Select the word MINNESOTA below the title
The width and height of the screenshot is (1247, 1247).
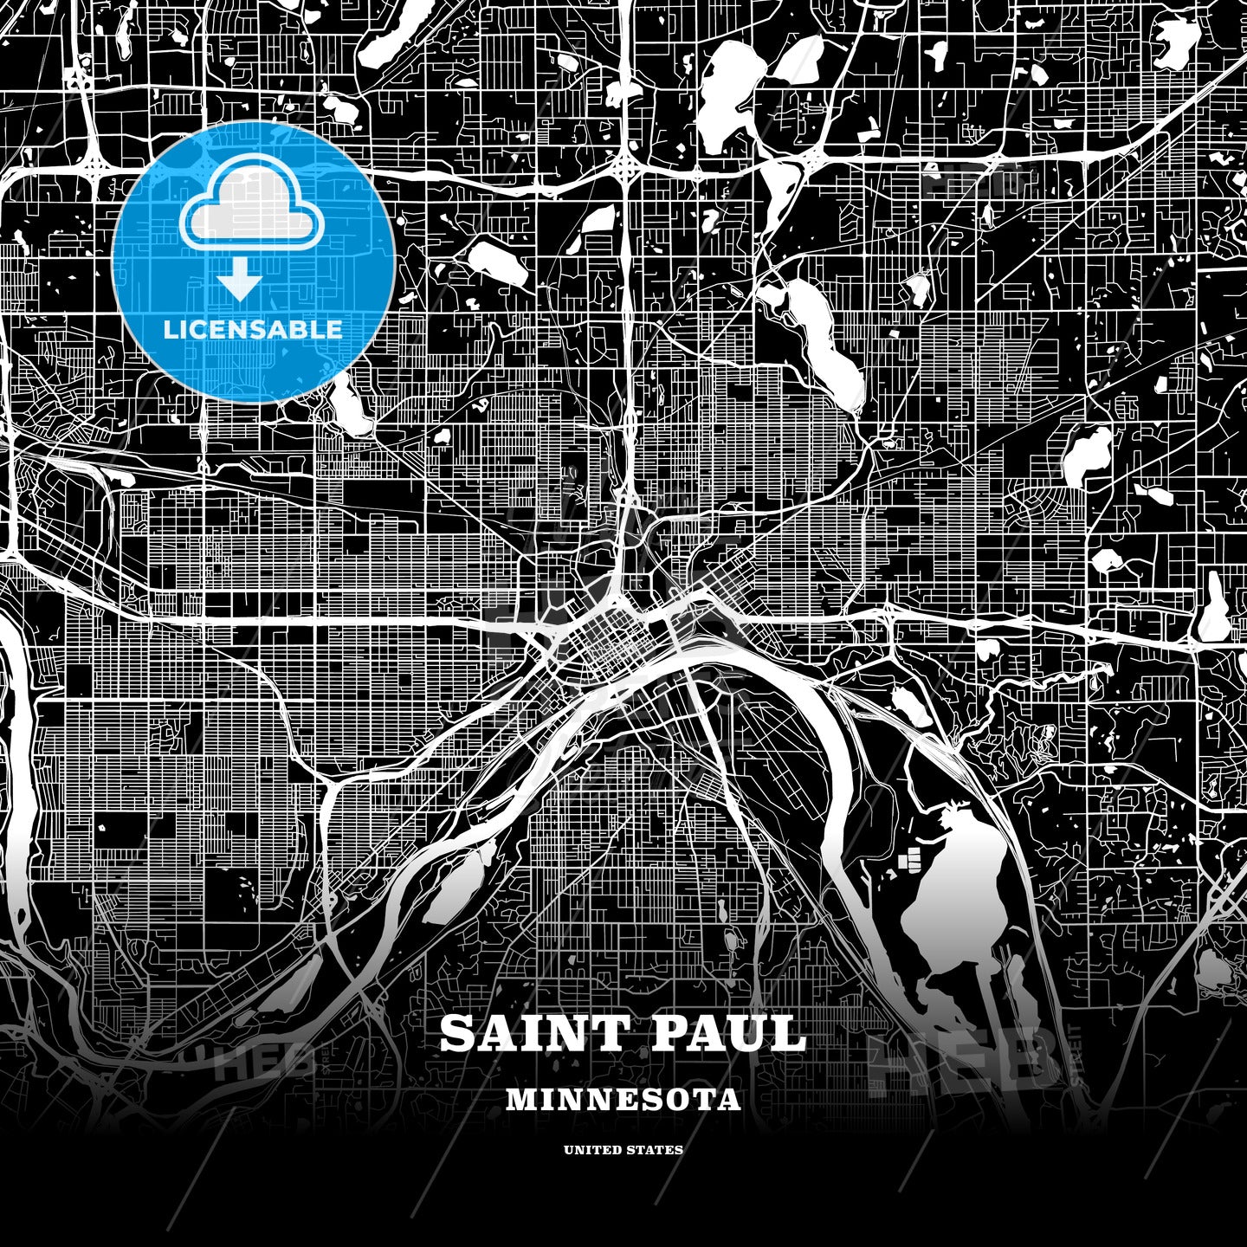click(x=623, y=1100)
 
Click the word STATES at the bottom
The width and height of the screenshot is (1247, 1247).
click(x=656, y=1150)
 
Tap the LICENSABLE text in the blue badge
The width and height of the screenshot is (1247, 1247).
click(x=253, y=329)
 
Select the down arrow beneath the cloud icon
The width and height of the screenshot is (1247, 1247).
click(x=240, y=282)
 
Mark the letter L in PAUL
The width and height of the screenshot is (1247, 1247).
click(x=789, y=1033)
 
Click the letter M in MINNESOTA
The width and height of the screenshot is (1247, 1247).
click(x=520, y=1100)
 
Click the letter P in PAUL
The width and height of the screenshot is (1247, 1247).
click(x=668, y=1033)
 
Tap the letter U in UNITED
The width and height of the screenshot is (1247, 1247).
click(x=569, y=1150)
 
